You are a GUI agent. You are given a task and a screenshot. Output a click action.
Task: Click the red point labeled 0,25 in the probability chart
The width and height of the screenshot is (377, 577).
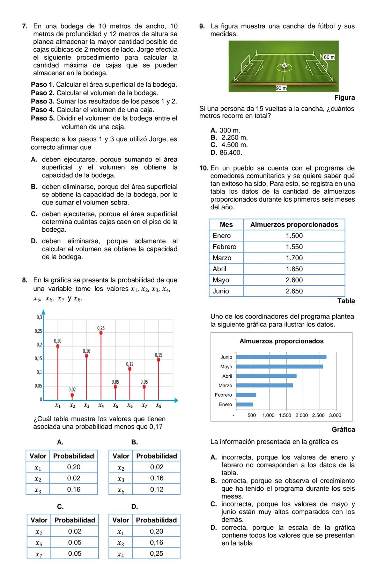click(101, 333)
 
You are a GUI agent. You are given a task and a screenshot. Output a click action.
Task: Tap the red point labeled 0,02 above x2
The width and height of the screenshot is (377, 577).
click(72, 395)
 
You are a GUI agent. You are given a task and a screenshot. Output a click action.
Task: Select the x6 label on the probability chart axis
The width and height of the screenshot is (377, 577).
click(130, 406)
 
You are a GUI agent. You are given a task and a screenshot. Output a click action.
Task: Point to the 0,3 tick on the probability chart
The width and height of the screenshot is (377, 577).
click(39, 318)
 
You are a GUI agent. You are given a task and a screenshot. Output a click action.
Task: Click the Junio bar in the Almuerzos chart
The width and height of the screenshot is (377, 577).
click(281, 357)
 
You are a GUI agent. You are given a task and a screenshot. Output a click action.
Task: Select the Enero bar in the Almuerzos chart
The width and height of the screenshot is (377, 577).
click(245, 404)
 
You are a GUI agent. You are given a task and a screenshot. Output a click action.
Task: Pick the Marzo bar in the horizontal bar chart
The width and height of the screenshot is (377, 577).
click(265, 385)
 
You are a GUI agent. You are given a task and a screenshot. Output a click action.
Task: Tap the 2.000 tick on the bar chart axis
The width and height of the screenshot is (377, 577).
click(302, 415)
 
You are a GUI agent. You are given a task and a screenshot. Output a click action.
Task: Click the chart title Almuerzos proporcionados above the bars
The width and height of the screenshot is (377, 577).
click(281, 341)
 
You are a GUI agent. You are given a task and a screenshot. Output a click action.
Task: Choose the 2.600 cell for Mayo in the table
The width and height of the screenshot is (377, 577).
click(294, 280)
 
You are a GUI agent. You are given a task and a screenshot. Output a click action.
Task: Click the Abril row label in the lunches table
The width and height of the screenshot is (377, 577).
click(220, 269)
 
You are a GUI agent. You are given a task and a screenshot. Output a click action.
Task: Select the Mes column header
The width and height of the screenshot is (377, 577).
click(226, 224)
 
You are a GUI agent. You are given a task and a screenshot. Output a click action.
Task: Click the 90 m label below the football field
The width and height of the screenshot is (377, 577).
click(281, 88)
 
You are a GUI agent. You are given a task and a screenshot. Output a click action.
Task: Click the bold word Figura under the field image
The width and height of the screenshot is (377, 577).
click(344, 98)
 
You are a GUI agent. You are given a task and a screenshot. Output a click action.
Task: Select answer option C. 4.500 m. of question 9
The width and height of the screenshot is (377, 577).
click(229, 145)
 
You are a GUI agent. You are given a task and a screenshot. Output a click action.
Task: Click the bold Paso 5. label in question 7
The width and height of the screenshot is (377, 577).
click(43, 118)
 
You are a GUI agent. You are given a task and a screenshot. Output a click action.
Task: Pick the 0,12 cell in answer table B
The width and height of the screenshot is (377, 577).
click(157, 489)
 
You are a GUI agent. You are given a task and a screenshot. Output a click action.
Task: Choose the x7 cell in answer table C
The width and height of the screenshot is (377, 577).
click(39, 554)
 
